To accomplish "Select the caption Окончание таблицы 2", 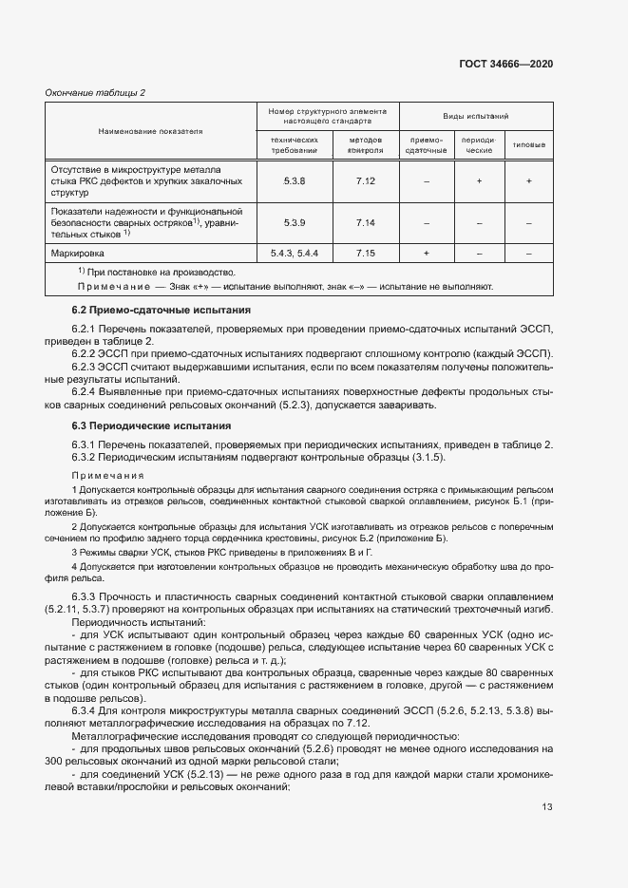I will [95, 92].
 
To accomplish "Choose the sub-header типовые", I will [528, 144].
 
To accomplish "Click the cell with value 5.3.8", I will [295, 179].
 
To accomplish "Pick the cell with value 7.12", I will [366, 179].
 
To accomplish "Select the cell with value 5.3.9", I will [295, 221].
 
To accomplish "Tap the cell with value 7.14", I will [366, 221].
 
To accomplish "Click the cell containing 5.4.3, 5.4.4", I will [295, 254].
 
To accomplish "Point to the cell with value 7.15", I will [366, 254].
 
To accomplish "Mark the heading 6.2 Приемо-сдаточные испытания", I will [162, 310].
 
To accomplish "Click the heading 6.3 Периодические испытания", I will [151, 426].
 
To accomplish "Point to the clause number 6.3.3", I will [86, 595].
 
